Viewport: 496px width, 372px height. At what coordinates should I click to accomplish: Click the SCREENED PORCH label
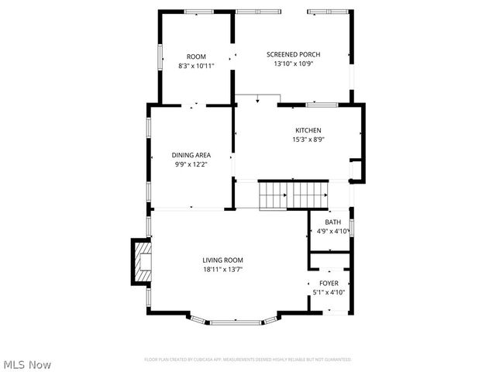(x=293, y=54)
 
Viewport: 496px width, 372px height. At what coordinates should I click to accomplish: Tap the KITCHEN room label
(x=308, y=130)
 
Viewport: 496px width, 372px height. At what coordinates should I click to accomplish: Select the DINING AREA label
(x=191, y=155)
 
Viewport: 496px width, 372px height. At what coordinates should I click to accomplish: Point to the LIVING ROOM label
(x=223, y=260)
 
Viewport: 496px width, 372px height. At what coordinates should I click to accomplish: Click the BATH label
(x=332, y=222)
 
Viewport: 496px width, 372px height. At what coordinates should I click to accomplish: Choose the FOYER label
(x=329, y=284)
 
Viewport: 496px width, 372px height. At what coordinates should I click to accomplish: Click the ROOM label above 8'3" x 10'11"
(x=196, y=57)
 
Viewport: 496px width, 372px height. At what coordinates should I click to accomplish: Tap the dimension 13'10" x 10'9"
(x=293, y=64)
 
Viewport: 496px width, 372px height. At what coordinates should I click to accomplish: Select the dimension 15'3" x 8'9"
(x=308, y=139)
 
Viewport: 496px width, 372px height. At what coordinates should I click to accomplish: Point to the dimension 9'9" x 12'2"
(x=191, y=164)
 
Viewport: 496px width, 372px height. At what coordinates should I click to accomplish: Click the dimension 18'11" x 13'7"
(x=223, y=269)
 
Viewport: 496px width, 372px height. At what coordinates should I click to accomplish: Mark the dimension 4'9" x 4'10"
(x=332, y=231)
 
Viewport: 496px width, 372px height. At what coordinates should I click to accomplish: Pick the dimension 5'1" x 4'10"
(x=329, y=292)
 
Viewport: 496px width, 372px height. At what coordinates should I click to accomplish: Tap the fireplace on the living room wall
(x=140, y=263)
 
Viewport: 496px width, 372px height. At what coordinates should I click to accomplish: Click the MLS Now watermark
(x=28, y=363)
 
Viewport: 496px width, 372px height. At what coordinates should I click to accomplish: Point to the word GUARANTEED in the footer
(x=337, y=360)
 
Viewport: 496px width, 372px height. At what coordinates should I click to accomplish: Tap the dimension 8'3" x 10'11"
(x=196, y=66)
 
